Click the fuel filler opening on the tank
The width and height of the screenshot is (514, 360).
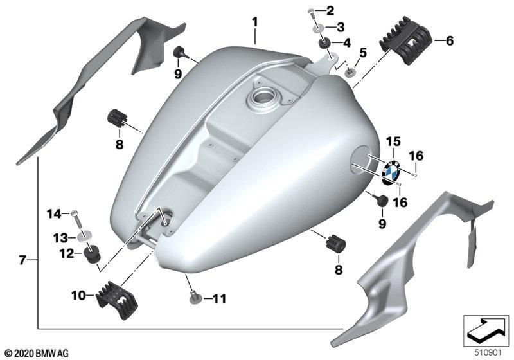point(262,97)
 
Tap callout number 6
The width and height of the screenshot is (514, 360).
point(450,41)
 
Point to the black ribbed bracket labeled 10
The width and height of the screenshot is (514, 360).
point(117,300)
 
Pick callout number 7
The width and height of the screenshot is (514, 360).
point(22,260)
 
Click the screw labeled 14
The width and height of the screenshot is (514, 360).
point(76,220)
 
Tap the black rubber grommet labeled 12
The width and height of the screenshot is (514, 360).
point(92,254)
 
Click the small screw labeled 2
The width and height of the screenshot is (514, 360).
point(312,15)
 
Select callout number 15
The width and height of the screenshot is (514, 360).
point(393,141)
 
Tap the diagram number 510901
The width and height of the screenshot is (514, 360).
point(488,353)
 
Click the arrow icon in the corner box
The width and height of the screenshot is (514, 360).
point(486,330)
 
